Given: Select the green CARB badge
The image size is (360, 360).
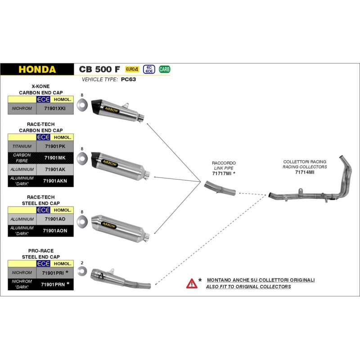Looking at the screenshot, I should point(165,69).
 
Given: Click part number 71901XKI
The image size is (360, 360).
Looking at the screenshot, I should point(55,108).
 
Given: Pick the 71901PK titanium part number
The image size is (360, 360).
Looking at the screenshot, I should point(55,146).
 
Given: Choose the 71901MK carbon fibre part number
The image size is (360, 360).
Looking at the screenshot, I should point(55,157).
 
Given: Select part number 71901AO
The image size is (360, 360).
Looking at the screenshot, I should point(55,219).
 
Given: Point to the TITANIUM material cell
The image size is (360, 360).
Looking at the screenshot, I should point(22,146).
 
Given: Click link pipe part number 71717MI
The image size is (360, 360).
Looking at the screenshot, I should point(222,173).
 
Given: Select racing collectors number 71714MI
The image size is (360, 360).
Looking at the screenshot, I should point(305,172).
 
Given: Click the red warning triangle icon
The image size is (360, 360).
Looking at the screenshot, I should point(192,283).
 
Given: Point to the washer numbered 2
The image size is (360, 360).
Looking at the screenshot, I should point(82,271).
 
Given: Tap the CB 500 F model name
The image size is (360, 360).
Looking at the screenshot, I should point(99,69).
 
